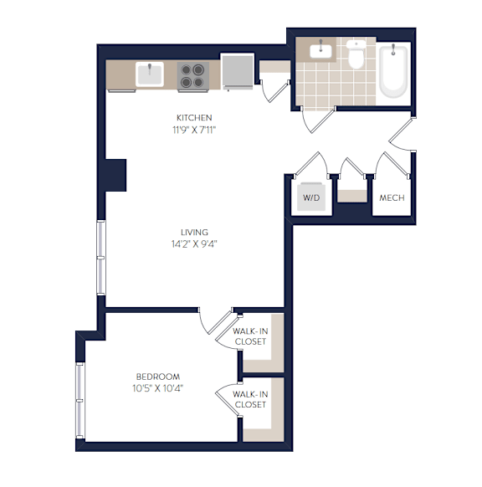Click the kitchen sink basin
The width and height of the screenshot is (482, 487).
click(x=150, y=74)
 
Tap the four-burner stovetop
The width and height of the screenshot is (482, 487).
click(x=192, y=75)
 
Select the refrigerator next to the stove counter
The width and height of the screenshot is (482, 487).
click(x=238, y=71)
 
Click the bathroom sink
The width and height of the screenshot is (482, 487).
click(x=320, y=51)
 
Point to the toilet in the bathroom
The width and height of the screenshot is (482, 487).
click(x=356, y=54)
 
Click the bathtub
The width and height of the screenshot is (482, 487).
click(x=392, y=71)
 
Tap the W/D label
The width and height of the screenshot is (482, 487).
click(x=311, y=197)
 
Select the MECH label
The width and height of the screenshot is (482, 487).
click(x=392, y=197)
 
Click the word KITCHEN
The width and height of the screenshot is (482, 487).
click(x=194, y=118)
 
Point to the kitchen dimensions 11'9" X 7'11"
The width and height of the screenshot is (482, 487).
click(x=194, y=130)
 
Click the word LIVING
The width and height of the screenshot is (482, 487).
click(x=194, y=233)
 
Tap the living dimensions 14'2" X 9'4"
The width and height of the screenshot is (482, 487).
click(x=194, y=244)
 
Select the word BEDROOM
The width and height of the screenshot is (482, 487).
click(x=158, y=377)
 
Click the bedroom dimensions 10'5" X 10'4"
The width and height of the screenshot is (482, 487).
click(x=158, y=388)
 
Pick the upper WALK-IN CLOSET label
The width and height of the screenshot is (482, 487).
click(x=250, y=336)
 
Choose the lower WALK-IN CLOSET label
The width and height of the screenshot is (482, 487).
click(x=250, y=399)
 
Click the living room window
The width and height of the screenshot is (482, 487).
click(x=101, y=258)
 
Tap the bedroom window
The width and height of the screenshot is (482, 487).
click(x=80, y=401)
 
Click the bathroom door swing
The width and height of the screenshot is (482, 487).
click(x=318, y=120)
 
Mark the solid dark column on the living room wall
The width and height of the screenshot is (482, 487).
click(x=115, y=175)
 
